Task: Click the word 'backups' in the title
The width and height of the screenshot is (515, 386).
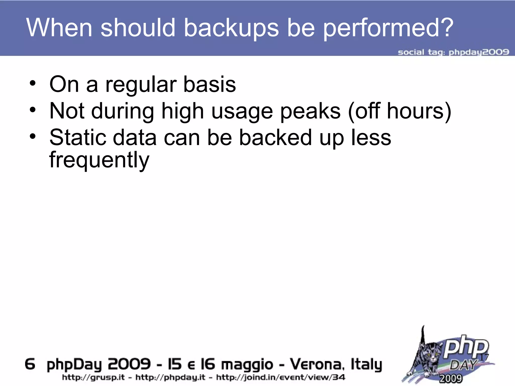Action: click(x=231, y=28)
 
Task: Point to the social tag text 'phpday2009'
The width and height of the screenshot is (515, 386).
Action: click(x=479, y=52)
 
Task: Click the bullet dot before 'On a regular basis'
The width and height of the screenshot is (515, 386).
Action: click(x=32, y=84)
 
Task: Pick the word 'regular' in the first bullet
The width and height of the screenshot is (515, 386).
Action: click(x=141, y=85)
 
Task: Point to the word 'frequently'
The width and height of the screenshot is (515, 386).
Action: click(x=99, y=160)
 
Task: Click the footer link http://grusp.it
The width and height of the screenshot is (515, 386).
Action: click(x=93, y=377)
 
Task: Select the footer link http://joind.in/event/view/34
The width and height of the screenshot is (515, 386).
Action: click(x=280, y=377)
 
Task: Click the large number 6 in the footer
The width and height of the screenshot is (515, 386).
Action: click(x=30, y=364)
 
